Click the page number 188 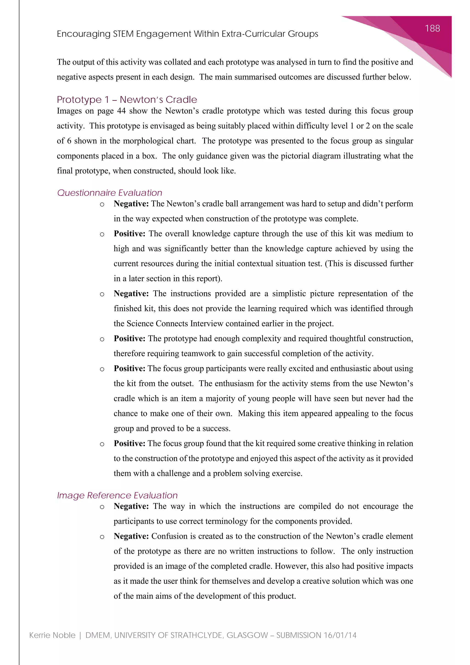tap(432, 28)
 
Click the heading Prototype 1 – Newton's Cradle tap(127, 99)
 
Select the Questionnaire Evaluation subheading tap(109, 193)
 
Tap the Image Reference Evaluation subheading tap(117, 495)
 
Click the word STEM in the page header tap(123, 34)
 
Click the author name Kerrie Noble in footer tap(52, 635)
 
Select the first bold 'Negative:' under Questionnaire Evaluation tap(131, 204)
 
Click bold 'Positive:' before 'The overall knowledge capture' tap(129, 234)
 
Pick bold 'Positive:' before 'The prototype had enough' tap(129, 338)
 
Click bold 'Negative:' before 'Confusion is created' tap(131, 536)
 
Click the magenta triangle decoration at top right tap(434, 41)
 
